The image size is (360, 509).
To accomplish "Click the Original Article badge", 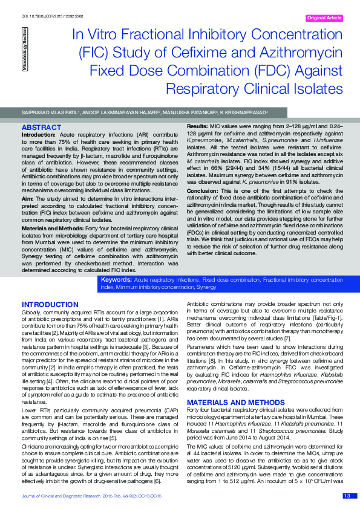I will (325, 19).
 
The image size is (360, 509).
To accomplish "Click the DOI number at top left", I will (53, 15).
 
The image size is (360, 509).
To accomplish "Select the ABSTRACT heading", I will (41, 128).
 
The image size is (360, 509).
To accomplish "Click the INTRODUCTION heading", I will (50, 303).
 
